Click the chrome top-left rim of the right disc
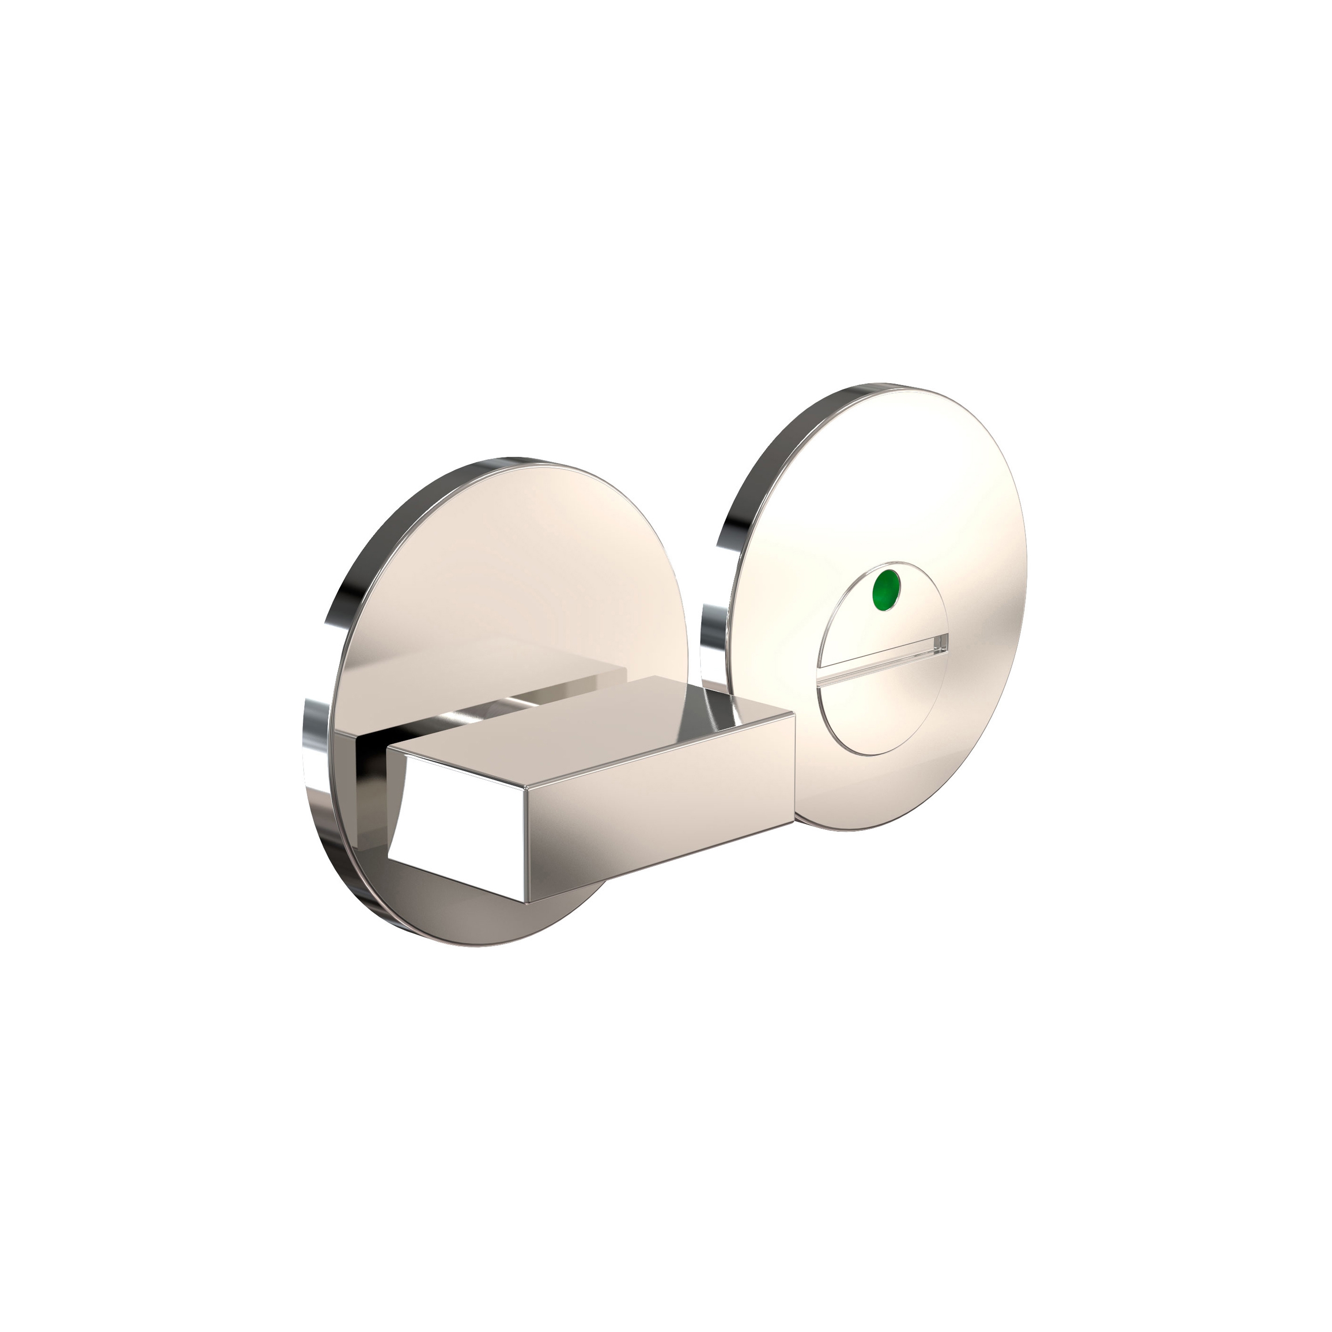point(765,455)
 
